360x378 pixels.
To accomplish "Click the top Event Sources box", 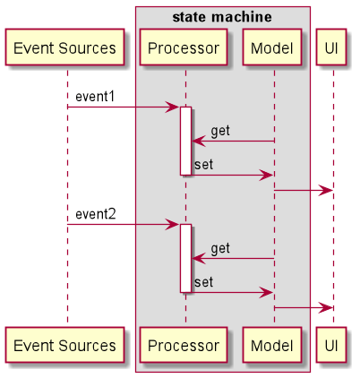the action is click(64, 47).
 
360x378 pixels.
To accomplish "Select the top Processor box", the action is click(184, 47).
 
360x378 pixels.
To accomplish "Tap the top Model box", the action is click(272, 47).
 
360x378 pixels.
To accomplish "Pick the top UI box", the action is click(331, 47).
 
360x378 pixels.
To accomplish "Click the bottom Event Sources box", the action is click(64, 345).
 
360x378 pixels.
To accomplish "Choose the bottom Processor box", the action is click(184, 345).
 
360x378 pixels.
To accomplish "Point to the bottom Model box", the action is click(272, 345).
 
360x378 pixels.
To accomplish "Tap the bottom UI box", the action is click(331, 345).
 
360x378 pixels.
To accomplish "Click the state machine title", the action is click(222, 17).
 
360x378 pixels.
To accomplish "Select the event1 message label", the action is click(95, 97).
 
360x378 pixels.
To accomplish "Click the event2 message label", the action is click(96, 214).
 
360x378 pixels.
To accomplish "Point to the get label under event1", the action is click(220, 131).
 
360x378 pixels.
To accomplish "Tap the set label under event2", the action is click(203, 282).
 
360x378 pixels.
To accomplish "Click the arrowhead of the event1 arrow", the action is click(173, 107).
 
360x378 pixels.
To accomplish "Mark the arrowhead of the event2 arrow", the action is click(173, 224).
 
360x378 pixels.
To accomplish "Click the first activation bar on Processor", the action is click(185, 141).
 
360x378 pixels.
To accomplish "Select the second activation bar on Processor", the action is click(185, 258).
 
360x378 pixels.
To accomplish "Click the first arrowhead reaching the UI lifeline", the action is click(326, 190).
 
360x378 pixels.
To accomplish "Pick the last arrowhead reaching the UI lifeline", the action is click(326, 307).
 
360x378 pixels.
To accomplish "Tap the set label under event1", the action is click(203, 165).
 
